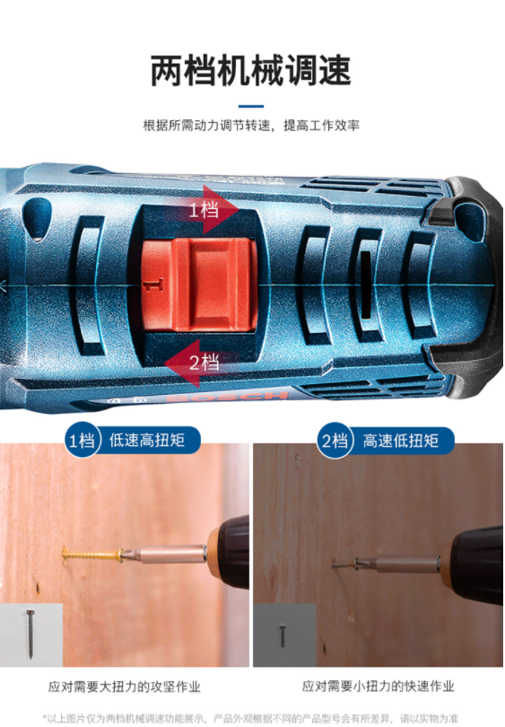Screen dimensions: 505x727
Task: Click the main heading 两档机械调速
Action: tap(250, 71)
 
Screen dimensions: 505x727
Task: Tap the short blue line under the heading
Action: tap(251, 106)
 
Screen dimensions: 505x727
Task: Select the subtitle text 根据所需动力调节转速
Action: tap(206, 125)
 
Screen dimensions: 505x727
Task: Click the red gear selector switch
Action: tap(199, 285)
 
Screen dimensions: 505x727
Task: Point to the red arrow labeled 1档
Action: tap(214, 210)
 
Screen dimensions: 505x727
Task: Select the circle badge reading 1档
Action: tap(83, 440)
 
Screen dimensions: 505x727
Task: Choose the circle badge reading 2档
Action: tap(335, 441)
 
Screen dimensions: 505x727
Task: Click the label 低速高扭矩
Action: tap(147, 440)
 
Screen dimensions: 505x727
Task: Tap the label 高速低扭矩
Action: tap(400, 441)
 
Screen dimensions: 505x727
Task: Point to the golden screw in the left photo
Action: tap(91, 554)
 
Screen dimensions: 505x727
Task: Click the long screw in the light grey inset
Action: tap(30, 634)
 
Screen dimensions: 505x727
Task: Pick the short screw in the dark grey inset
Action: tap(283, 636)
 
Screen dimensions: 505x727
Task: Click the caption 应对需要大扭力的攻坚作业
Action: tap(124, 687)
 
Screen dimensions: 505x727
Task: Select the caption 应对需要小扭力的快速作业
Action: tap(378, 686)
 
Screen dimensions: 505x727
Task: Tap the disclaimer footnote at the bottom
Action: tap(250, 718)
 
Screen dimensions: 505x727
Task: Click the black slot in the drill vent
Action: tap(366, 285)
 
